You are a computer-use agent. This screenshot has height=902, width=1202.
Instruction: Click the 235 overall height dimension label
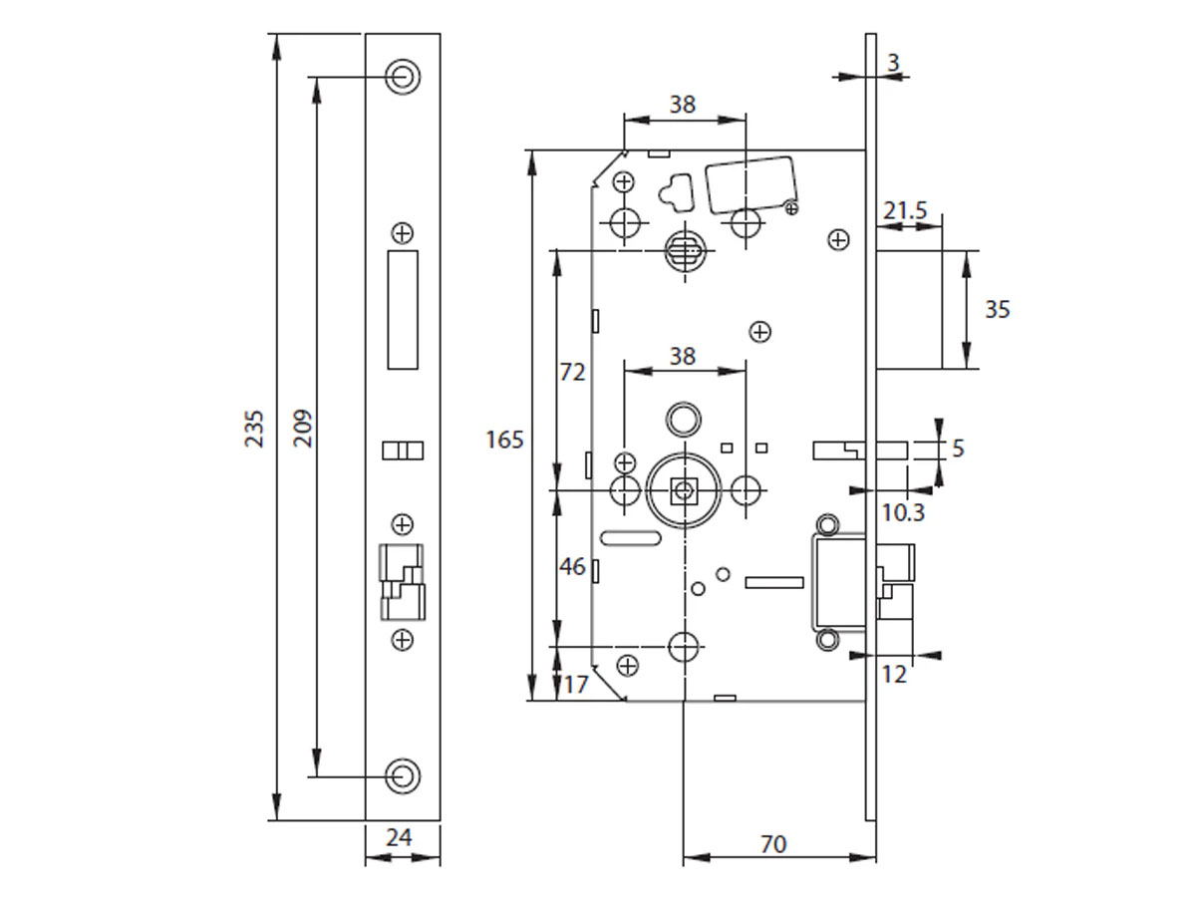(255, 427)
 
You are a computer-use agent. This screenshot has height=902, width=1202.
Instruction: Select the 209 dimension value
(303, 427)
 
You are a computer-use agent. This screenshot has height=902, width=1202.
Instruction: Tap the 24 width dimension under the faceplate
(399, 837)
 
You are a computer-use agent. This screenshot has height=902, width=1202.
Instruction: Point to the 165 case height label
(504, 439)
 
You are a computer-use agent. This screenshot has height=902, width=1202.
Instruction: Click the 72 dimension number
(572, 372)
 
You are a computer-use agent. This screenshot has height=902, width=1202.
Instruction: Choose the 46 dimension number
(572, 567)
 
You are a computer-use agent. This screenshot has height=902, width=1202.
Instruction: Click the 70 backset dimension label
(773, 844)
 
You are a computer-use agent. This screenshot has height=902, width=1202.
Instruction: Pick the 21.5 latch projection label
(905, 210)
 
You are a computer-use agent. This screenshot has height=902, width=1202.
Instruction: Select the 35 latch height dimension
(997, 309)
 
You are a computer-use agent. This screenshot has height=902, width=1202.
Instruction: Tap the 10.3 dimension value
(904, 512)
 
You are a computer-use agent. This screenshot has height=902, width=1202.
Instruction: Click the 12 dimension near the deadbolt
(895, 675)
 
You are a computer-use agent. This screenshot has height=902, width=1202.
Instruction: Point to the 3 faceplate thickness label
(893, 63)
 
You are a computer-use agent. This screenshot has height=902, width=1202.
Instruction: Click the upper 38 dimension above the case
(683, 105)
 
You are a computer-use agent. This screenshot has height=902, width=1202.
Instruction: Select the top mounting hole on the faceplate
(403, 77)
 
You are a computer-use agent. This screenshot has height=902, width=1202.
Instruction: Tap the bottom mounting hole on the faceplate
(403, 775)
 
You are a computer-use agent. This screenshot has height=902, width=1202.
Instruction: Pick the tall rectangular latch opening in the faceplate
(403, 310)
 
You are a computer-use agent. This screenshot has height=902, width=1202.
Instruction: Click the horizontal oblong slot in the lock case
(631, 538)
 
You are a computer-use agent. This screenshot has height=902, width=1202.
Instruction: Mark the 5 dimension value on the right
(958, 450)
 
